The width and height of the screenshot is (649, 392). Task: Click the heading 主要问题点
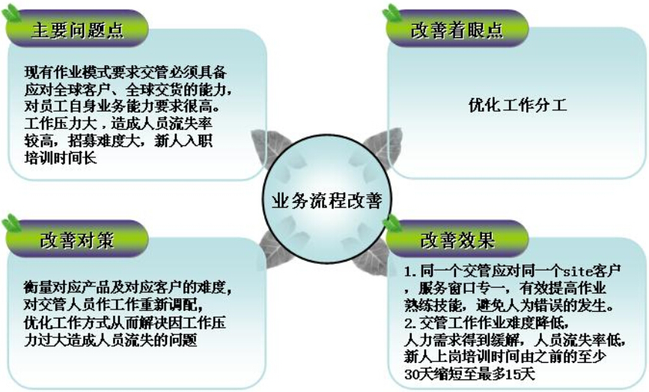click(77, 31)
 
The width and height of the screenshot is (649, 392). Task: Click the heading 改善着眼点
click(457, 31)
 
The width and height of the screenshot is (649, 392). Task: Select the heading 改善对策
click(77, 241)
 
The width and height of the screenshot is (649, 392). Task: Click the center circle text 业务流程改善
click(326, 201)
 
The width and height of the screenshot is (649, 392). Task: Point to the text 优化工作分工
click(517, 105)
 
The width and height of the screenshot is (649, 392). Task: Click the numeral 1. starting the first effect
click(410, 272)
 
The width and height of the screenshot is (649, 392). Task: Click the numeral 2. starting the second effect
click(410, 323)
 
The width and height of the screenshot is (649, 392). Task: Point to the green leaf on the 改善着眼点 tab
click(392, 13)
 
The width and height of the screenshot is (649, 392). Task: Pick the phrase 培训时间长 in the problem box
click(61, 158)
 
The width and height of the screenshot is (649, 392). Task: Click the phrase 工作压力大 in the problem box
click(61, 124)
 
